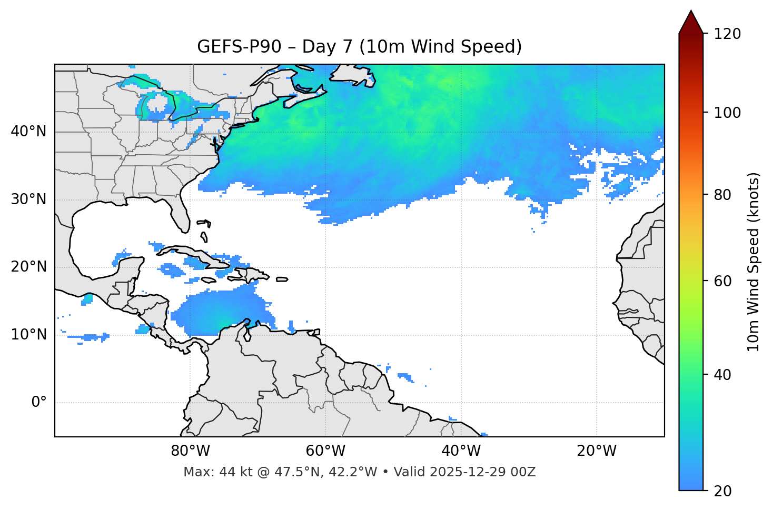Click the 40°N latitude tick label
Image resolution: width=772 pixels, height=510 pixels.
[28, 132]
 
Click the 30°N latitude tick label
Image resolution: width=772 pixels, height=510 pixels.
[28, 199]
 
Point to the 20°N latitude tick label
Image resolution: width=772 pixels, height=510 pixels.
[28, 267]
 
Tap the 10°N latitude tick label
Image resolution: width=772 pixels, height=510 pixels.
[28, 335]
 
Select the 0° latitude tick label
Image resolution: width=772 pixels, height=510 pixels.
[39, 403]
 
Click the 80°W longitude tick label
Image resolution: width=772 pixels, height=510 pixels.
[190, 451]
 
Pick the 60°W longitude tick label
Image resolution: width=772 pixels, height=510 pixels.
[325, 451]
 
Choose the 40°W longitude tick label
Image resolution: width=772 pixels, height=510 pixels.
[461, 451]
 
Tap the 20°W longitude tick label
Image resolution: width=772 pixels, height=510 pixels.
[597, 451]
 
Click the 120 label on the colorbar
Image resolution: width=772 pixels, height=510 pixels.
[727, 34]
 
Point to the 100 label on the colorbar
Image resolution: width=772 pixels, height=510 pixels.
[727, 113]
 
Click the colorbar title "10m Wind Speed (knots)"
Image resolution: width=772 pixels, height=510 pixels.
[754, 262]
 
